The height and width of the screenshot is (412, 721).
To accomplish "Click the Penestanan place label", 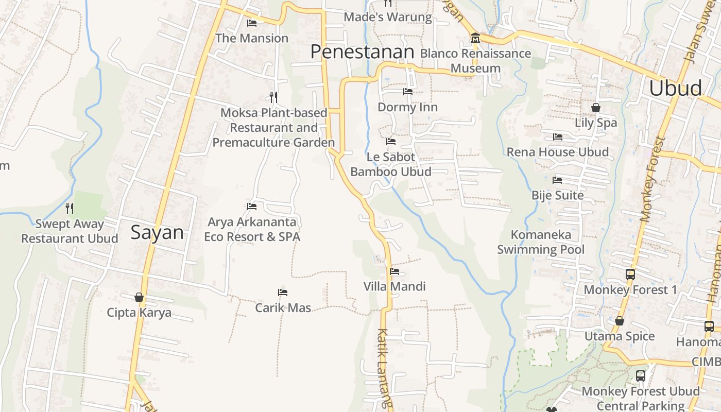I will click(363, 52).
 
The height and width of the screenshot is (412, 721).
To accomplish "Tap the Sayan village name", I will click(157, 233).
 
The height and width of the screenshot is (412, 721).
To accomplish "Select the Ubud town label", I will click(675, 88).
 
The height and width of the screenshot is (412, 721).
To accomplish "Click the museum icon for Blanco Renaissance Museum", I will click(475, 38).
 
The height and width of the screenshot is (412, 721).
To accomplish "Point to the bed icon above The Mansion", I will click(252, 23).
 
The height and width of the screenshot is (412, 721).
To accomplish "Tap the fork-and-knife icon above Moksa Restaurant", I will click(273, 97).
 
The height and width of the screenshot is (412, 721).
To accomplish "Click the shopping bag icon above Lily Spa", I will click(596, 108).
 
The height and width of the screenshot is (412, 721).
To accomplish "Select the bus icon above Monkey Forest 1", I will click(630, 274).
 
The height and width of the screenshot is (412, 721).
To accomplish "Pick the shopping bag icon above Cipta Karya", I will click(139, 297).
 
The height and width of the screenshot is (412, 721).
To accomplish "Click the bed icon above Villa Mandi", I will click(394, 271).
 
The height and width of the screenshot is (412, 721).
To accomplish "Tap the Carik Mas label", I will click(283, 308).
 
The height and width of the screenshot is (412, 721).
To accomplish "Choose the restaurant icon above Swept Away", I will click(70, 209).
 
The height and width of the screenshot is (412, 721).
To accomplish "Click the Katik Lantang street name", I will click(384, 368).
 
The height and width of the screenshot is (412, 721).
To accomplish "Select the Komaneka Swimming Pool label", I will click(541, 242).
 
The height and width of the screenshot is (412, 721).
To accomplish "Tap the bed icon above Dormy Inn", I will click(407, 92).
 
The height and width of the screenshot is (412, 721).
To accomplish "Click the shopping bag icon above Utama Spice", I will click(620, 321).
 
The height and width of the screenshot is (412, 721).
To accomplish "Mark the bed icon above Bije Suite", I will click(557, 180).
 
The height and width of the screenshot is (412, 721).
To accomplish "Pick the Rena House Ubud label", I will click(558, 152).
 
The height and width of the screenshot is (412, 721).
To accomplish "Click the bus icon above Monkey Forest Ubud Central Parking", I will click(641, 376).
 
